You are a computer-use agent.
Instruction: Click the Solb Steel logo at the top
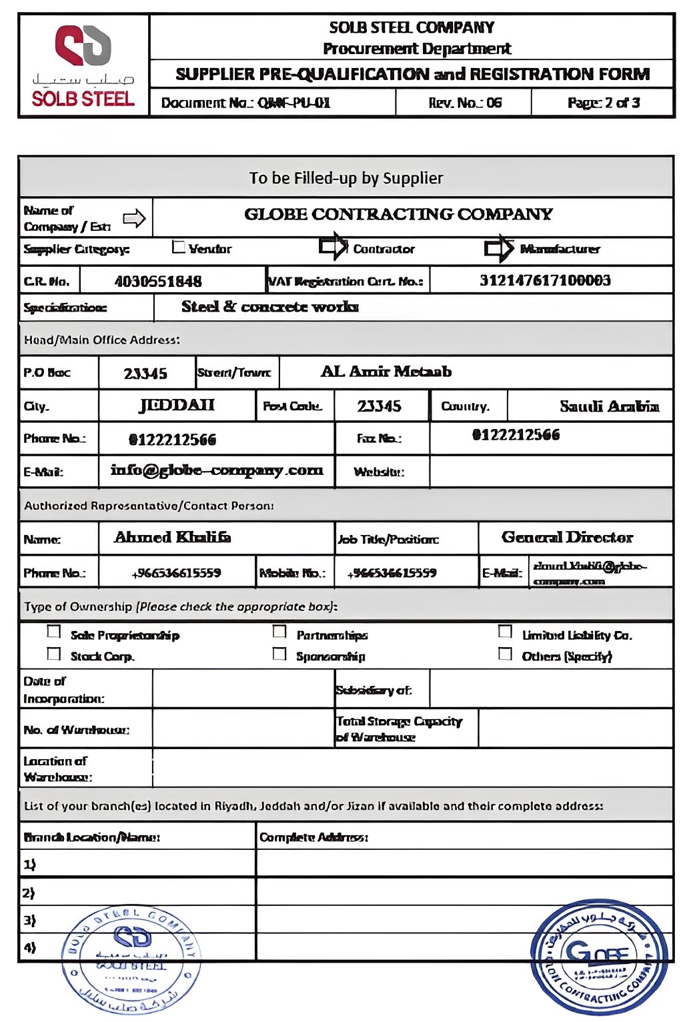83,65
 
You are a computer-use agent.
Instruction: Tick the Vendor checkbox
178,247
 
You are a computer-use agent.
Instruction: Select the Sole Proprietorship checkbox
54,631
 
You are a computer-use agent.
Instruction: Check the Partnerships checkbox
279,631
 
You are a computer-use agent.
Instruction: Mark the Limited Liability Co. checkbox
506,631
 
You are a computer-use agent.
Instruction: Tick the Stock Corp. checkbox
54,654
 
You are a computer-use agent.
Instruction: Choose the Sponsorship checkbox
279,654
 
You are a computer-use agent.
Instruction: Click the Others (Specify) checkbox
506,654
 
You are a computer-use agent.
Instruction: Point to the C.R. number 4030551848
158,281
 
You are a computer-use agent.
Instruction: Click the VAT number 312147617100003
545,280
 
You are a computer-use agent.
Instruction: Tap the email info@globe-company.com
217,470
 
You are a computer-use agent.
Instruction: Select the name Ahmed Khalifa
173,538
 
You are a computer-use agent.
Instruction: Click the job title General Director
567,538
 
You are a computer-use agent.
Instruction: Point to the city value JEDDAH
177,406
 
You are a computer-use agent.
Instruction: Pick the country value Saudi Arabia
609,406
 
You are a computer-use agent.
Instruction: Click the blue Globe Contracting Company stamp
599,957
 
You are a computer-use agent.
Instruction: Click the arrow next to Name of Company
135,218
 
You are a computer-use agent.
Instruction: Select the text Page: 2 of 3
604,103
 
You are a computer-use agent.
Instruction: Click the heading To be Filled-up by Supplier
346,178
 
